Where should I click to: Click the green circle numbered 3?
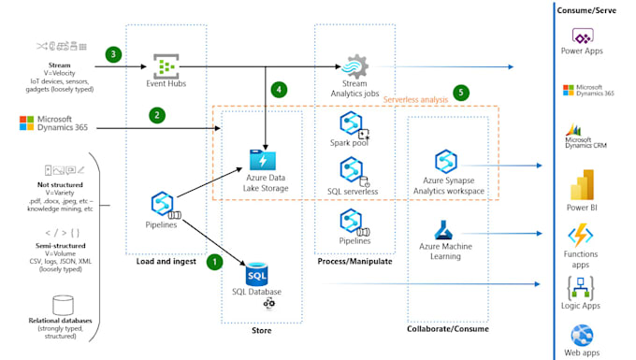coord(114,54)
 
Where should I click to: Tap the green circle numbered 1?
coord(214,262)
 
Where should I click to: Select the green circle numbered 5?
coord(459,94)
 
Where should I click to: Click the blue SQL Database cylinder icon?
coord(257,275)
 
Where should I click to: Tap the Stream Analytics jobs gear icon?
coord(355,67)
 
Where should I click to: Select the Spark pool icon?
coord(353,125)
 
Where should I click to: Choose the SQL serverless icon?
coord(353,170)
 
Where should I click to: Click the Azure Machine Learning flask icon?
coord(444,230)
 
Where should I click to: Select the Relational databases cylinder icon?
coord(64,305)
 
